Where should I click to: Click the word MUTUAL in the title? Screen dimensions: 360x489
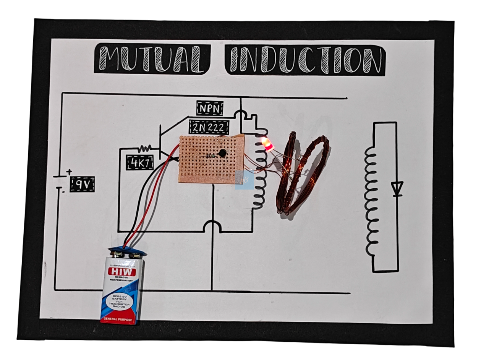tap(152, 59)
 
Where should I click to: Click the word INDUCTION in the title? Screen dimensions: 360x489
tap(305, 60)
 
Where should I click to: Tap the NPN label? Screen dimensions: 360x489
tap(210, 108)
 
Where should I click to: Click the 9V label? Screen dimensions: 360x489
tap(82, 185)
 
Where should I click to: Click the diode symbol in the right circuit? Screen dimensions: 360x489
tap(397, 188)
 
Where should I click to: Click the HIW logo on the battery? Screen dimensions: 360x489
tap(122, 272)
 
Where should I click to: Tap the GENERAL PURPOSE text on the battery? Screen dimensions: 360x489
tap(118, 319)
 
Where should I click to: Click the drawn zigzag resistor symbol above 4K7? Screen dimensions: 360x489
tap(145, 148)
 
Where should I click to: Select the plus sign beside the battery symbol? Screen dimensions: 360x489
tap(69, 172)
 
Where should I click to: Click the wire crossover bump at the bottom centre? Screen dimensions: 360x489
tap(212, 226)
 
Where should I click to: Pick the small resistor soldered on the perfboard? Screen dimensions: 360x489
tap(209, 156)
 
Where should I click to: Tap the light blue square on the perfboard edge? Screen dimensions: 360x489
tap(244, 180)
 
